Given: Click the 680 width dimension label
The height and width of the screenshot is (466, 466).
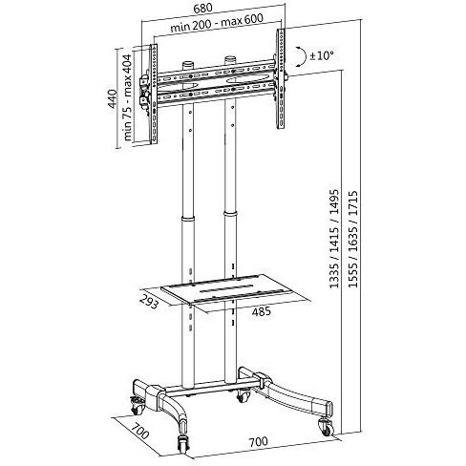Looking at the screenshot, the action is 202,8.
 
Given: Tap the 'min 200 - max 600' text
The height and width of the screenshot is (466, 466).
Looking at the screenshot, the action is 217,22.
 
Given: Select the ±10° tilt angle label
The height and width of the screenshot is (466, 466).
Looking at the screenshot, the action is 322,55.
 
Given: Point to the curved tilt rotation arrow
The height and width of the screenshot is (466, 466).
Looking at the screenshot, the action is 301,56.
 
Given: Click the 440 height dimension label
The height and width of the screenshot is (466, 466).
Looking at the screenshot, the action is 113,98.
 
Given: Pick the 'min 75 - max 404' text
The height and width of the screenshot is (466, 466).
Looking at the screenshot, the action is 127,97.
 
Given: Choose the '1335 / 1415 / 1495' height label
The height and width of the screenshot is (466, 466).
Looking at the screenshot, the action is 334,240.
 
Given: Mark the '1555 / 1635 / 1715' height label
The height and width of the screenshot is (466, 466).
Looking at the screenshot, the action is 352,240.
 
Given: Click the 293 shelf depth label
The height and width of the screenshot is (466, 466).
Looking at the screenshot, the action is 149,302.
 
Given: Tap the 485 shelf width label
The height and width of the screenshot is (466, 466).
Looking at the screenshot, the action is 262,311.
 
